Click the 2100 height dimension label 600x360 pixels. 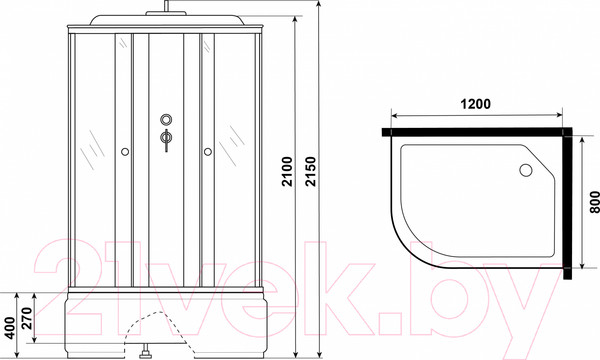(287, 171)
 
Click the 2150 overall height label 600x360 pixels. (311, 171)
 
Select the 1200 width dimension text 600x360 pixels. (475, 104)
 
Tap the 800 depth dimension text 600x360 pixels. (594, 202)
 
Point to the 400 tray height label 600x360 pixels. (10, 328)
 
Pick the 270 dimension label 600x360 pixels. (27, 318)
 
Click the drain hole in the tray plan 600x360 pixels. (526, 170)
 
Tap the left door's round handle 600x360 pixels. (125, 152)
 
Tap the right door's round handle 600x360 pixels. (208, 152)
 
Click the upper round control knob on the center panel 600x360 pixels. (166, 120)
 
